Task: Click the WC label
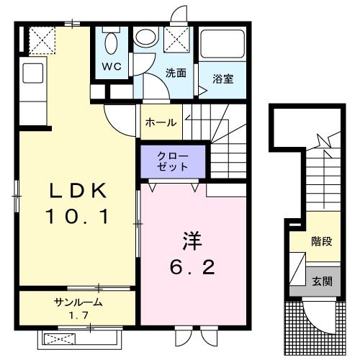pos(111,67)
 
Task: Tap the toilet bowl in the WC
pos(112,42)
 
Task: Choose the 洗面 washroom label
pos(176,73)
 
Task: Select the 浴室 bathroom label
pos(222,80)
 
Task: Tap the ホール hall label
pos(161,122)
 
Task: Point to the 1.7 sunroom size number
pos(77,315)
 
